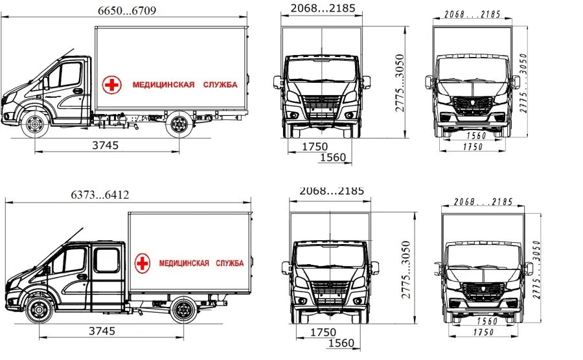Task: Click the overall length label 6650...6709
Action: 127,10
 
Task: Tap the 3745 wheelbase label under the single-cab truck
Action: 105,146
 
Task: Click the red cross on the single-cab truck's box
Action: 112,84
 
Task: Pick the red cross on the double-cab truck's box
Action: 142,263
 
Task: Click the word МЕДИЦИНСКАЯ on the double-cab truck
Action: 184,263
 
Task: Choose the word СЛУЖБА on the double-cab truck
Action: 231,263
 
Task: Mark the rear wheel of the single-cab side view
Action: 178,124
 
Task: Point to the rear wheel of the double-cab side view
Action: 183,310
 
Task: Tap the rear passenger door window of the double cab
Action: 106,260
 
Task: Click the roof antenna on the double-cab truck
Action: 74,236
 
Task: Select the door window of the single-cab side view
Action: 68,75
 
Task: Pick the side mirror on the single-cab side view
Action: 46,83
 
